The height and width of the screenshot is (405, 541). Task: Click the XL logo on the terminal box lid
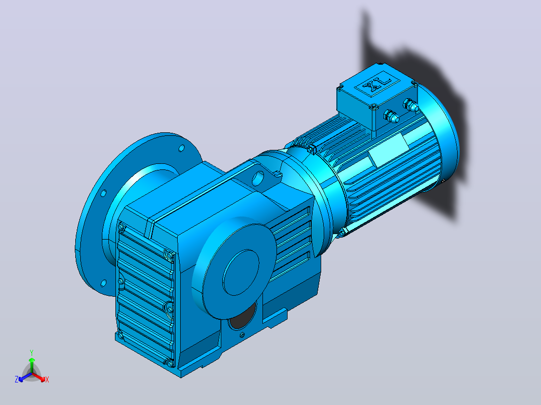point(377,84)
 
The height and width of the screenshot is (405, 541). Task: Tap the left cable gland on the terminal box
point(391,116)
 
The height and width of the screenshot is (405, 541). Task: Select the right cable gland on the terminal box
point(411,105)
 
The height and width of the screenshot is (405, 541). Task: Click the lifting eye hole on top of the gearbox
point(258,178)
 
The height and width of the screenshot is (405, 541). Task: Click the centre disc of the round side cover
point(241,272)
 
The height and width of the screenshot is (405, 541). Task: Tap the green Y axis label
point(32,353)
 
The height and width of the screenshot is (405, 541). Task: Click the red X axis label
point(47,379)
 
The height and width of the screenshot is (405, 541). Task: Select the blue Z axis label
point(16,379)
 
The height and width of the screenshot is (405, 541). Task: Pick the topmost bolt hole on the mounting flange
point(182,148)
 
